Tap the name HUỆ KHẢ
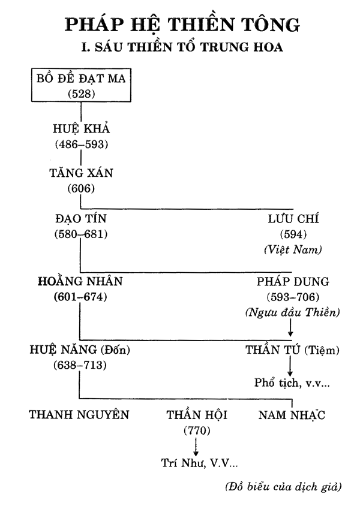[81, 128]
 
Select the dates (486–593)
[81, 144]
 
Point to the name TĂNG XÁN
[81, 173]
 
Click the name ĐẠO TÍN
[81, 219]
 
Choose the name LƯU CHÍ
[293, 219]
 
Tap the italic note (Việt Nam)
[293, 249]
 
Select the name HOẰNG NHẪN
[80, 281]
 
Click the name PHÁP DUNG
[293, 281]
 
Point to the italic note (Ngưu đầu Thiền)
[292, 312]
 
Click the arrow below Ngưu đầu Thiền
[290, 327]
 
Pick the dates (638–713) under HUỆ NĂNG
[80, 365]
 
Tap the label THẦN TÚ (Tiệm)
[292, 350]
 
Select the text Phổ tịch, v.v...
[292, 382]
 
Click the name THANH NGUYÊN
[79, 414]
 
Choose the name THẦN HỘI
[197, 414]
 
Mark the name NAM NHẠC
[292, 415]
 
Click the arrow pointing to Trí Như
[196, 447]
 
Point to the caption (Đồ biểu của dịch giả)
[283, 487]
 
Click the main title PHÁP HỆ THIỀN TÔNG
[182, 25]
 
